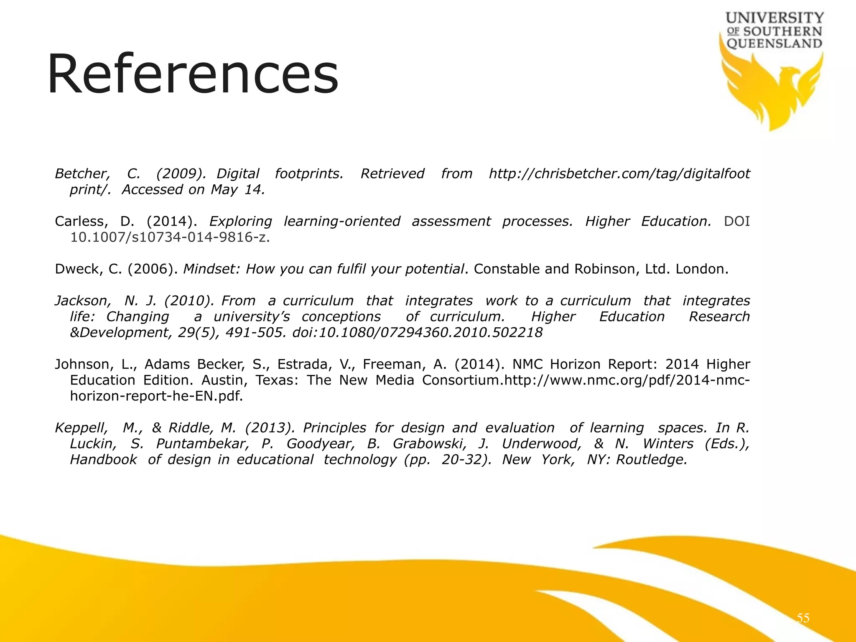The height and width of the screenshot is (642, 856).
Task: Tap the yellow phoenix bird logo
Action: [771, 90]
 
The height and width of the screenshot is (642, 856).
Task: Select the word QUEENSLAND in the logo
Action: [774, 43]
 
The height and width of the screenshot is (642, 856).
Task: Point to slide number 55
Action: [803, 618]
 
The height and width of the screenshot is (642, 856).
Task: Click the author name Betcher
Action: [82, 173]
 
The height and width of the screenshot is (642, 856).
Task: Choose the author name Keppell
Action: [81, 428]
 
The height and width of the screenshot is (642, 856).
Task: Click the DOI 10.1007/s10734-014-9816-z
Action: [170, 237]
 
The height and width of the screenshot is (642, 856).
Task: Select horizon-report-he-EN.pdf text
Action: [156, 396]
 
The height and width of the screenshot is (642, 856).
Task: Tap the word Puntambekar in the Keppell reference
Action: [202, 443]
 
